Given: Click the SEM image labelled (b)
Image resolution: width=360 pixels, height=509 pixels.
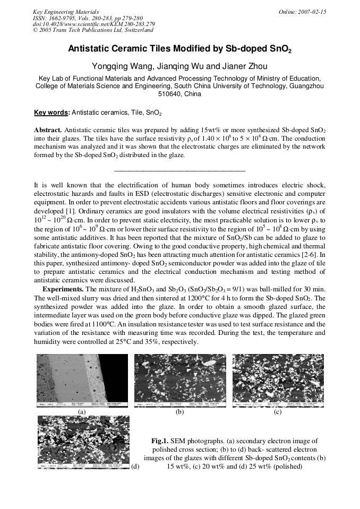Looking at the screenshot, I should [180, 381].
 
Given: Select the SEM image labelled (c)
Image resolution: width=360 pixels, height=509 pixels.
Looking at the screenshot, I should [278, 381].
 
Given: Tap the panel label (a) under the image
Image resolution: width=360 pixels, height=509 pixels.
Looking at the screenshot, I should [82, 411].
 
